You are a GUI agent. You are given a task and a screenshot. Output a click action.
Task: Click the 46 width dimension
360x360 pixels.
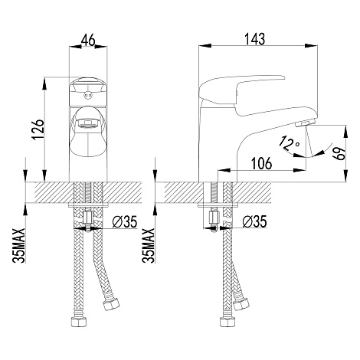88,40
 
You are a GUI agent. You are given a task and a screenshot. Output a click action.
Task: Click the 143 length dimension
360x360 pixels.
255,39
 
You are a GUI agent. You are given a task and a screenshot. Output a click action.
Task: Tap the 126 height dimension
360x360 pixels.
38,129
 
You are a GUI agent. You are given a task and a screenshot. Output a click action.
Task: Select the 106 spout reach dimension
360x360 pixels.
261,163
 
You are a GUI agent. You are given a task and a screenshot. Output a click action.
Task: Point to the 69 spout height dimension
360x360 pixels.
339,153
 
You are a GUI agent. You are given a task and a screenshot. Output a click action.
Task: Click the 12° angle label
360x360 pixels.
290,143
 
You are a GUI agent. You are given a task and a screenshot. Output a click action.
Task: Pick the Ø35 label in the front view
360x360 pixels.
125,221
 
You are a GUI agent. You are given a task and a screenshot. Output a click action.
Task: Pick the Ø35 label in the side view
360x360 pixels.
254,221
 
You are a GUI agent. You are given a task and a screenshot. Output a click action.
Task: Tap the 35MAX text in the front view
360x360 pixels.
19,246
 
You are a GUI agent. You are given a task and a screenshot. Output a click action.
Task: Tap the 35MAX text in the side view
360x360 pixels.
149,246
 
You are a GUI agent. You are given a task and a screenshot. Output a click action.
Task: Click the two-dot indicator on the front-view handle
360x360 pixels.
88,96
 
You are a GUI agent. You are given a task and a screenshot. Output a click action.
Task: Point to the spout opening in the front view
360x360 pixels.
88,123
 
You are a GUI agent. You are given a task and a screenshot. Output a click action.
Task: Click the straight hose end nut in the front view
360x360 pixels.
79,322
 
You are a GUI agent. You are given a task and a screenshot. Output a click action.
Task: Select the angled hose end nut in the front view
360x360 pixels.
111,305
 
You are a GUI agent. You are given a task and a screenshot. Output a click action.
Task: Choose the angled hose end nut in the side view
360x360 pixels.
241,305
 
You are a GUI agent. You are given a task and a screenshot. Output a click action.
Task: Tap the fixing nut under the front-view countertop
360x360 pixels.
88,218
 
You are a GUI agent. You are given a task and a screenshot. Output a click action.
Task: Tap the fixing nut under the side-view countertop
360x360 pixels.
214,218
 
